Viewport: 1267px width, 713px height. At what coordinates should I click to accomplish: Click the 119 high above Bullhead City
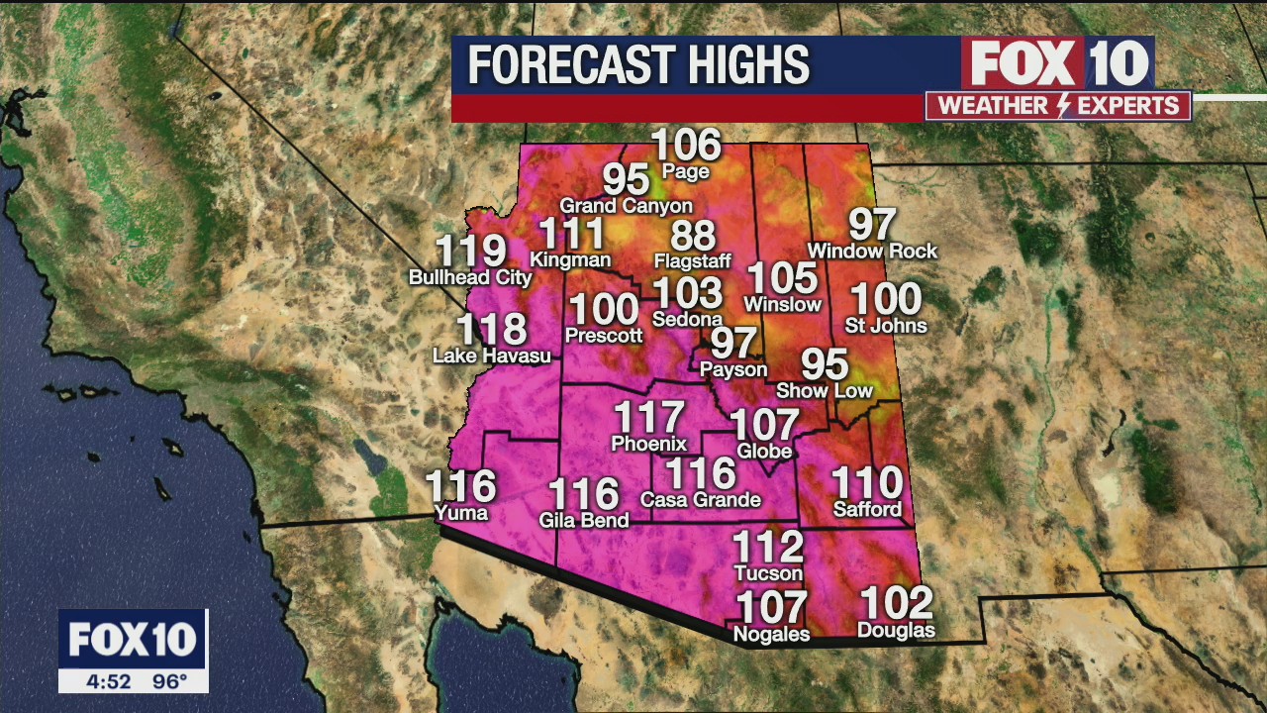tap(471, 253)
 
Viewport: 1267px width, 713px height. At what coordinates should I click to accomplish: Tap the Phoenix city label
tap(648, 444)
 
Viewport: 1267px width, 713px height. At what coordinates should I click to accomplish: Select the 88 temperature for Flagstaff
tap(693, 238)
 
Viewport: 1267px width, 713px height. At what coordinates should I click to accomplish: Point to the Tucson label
tap(768, 573)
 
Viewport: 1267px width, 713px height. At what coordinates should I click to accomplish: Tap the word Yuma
tap(461, 512)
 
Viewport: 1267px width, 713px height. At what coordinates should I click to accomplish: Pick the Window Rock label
tap(872, 252)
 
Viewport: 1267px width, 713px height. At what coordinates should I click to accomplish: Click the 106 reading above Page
tap(686, 146)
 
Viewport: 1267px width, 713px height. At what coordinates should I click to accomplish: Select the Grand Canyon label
tap(626, 206)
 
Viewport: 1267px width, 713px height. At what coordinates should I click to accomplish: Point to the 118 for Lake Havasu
tap(491, 330)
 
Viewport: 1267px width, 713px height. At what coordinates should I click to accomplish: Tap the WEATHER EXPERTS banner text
tap(1058, 106)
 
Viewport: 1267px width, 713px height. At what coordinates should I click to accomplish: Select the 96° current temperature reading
tap(169, 681)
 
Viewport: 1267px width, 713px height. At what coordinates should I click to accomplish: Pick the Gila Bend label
tap(583, 520)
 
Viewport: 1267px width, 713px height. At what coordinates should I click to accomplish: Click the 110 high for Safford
tap(867, 483)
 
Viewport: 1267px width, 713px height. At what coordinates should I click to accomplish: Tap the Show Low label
tap(824, 390)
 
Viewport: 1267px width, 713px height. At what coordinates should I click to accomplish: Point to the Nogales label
tap(771, 634)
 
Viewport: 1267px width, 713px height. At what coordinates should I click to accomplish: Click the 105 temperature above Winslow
tap(782, 279)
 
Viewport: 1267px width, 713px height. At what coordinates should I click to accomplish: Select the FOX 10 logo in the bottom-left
tap(133, 640)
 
